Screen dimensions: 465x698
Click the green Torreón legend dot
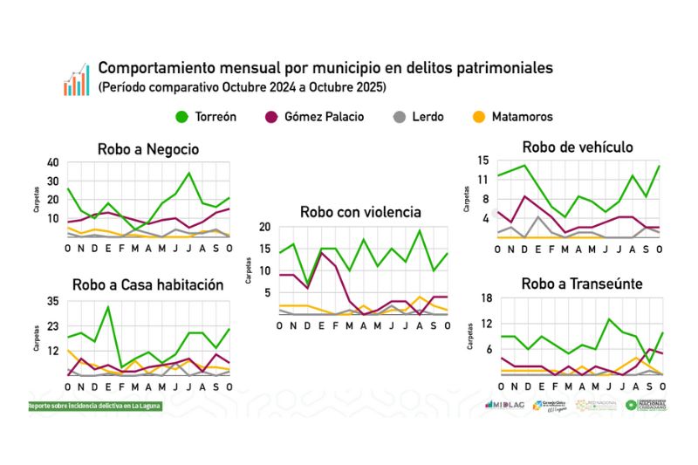182,117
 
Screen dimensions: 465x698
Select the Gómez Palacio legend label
324,117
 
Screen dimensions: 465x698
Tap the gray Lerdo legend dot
399,117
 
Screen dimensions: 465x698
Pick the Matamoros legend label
522,117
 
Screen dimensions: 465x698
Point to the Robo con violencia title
360,212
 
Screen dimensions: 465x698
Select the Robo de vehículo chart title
578,147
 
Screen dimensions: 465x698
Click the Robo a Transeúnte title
582,284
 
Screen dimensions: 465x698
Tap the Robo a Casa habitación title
148,284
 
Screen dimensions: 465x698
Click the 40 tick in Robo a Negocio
53,162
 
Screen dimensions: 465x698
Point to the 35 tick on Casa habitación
53,301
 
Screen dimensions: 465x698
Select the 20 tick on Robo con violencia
264,227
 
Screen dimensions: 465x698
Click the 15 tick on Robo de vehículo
482,160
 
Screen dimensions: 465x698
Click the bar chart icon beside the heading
76,79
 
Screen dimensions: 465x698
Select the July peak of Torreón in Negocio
189,173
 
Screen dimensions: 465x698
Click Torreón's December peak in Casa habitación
108,306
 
